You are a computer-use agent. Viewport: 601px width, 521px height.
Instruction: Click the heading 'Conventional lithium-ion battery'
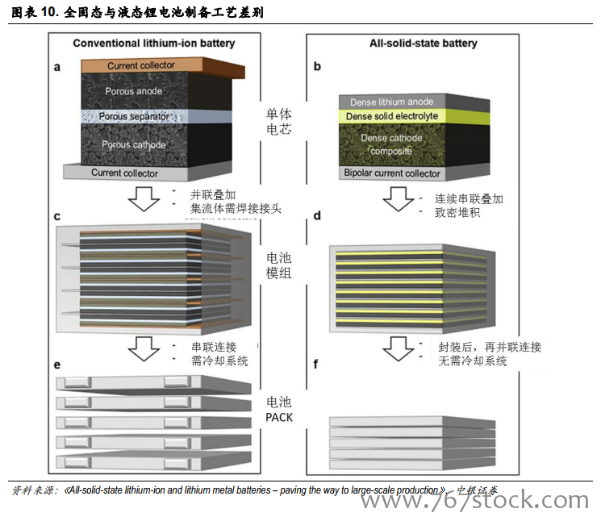(153, 43)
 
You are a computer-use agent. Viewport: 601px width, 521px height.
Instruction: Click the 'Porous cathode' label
(134, 145)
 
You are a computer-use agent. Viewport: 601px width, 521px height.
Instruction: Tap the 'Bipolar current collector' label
(392, 173)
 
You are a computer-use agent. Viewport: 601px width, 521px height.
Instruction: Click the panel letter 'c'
(57, 217)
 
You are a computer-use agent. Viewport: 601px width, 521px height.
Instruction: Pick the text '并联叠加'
(213, 195)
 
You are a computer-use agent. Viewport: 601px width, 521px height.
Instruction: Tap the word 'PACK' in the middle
(278, 417)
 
